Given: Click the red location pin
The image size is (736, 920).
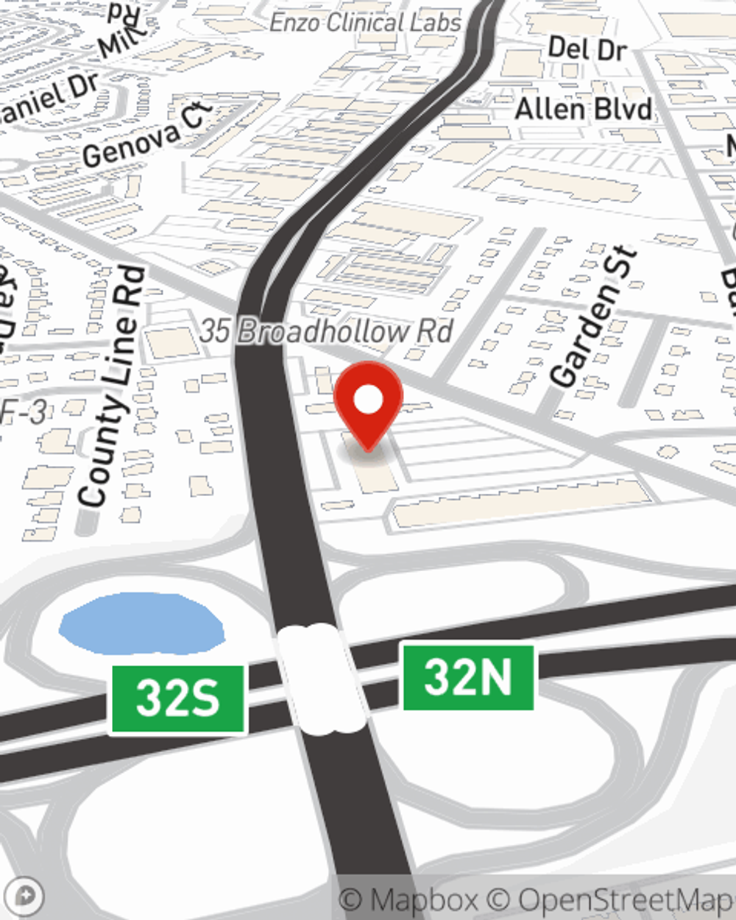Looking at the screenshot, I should [368, 404].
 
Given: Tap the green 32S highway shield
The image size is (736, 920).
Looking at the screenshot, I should [177, 698].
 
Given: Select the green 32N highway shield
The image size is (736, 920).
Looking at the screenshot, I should [468, 677].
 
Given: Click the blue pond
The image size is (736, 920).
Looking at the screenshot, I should [141, 624].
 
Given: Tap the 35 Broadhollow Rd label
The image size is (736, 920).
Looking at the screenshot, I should [326, 332].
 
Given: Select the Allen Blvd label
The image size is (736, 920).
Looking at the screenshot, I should [583, 110].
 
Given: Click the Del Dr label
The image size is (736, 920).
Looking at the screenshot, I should [587, 50].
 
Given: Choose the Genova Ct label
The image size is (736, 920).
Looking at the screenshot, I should [147, 138].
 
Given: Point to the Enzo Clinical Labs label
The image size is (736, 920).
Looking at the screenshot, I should [365, 23].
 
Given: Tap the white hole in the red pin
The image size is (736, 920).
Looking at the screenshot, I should [368, 400].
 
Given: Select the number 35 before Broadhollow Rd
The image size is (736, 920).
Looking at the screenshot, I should [215, 332].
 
